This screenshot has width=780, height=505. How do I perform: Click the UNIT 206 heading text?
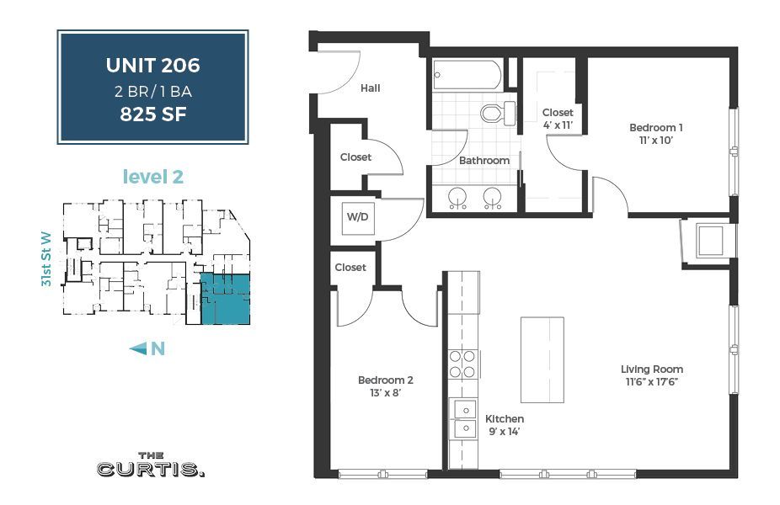click(152, 65)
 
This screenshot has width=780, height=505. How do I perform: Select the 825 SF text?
click(152, 114)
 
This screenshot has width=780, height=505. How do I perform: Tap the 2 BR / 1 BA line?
click(152, 90)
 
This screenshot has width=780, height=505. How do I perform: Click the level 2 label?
click(152, 177)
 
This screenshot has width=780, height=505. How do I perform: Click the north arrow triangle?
click(138, 348)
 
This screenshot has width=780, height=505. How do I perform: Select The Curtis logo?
click(151, 465)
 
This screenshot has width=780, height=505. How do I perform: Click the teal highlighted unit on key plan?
click(225, 299)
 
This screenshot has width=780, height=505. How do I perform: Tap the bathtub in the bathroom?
click(467, 75)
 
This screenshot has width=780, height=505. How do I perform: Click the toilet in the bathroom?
click(496, 112)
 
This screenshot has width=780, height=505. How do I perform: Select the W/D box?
click(356, 216)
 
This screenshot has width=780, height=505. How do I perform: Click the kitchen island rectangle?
click(542, 359)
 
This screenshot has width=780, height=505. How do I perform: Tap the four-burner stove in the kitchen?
click(462, 364)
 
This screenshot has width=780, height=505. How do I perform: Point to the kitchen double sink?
click(462, 418)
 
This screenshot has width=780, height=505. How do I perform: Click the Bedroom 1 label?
click(655, 128)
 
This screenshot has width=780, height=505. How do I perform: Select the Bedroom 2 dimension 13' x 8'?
click(385, 393)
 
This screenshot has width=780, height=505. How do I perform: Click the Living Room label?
click(651, 369)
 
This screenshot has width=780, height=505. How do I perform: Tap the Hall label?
click(371, 88)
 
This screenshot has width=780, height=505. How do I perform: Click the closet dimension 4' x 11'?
click(557, 125)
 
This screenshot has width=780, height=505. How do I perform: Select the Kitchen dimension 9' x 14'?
click(504, 432)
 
